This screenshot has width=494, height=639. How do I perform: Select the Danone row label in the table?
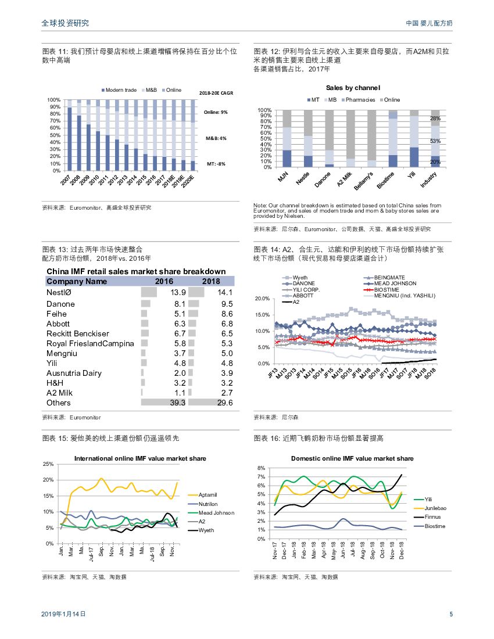pyautogui.click(x=60, y=304)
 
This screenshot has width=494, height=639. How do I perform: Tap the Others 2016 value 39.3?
pyautogui.click(x=176, y=403)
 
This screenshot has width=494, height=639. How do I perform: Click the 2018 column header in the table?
pyautogui.click(x=210, y=281)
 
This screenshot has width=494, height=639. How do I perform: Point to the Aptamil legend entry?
pyautogui.click(x=208, y=494)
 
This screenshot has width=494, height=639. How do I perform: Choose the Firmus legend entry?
pyautogui.click(x=433, y=517)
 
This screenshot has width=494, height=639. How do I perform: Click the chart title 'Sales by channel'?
pyautogui.click(x=353, y=88)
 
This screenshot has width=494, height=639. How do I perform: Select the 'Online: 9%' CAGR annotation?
pyautogui.click(x=216, y=112)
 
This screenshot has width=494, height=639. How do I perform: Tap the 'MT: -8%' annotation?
pyautogui.click(x=216, y=164)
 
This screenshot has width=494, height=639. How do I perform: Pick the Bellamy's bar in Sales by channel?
pyautogui.click(x=371, y=139)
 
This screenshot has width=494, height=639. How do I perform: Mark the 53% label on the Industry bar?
pyautogui.click(x=435, y=141)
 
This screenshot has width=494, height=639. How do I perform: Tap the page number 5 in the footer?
pyautogui.click(x=451, y=614)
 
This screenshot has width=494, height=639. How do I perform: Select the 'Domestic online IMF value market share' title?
pyautogui.click(x=352, y=458)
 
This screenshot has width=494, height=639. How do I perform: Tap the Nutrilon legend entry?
pyautogui.click(x=208, y=504)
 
